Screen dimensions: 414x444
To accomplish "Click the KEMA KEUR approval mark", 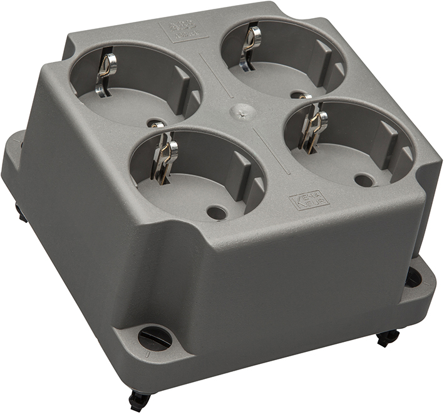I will click(x=304, y=199).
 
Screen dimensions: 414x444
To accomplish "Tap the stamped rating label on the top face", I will click(x=183, y=29).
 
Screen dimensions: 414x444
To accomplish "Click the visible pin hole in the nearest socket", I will click(x=217, y=212).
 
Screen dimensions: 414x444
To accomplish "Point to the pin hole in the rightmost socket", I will click(x=364, y=180).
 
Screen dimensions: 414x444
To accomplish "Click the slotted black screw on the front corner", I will click(x=155, y=338).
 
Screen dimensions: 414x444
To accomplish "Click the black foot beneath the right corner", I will click(x=387, y=338).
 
